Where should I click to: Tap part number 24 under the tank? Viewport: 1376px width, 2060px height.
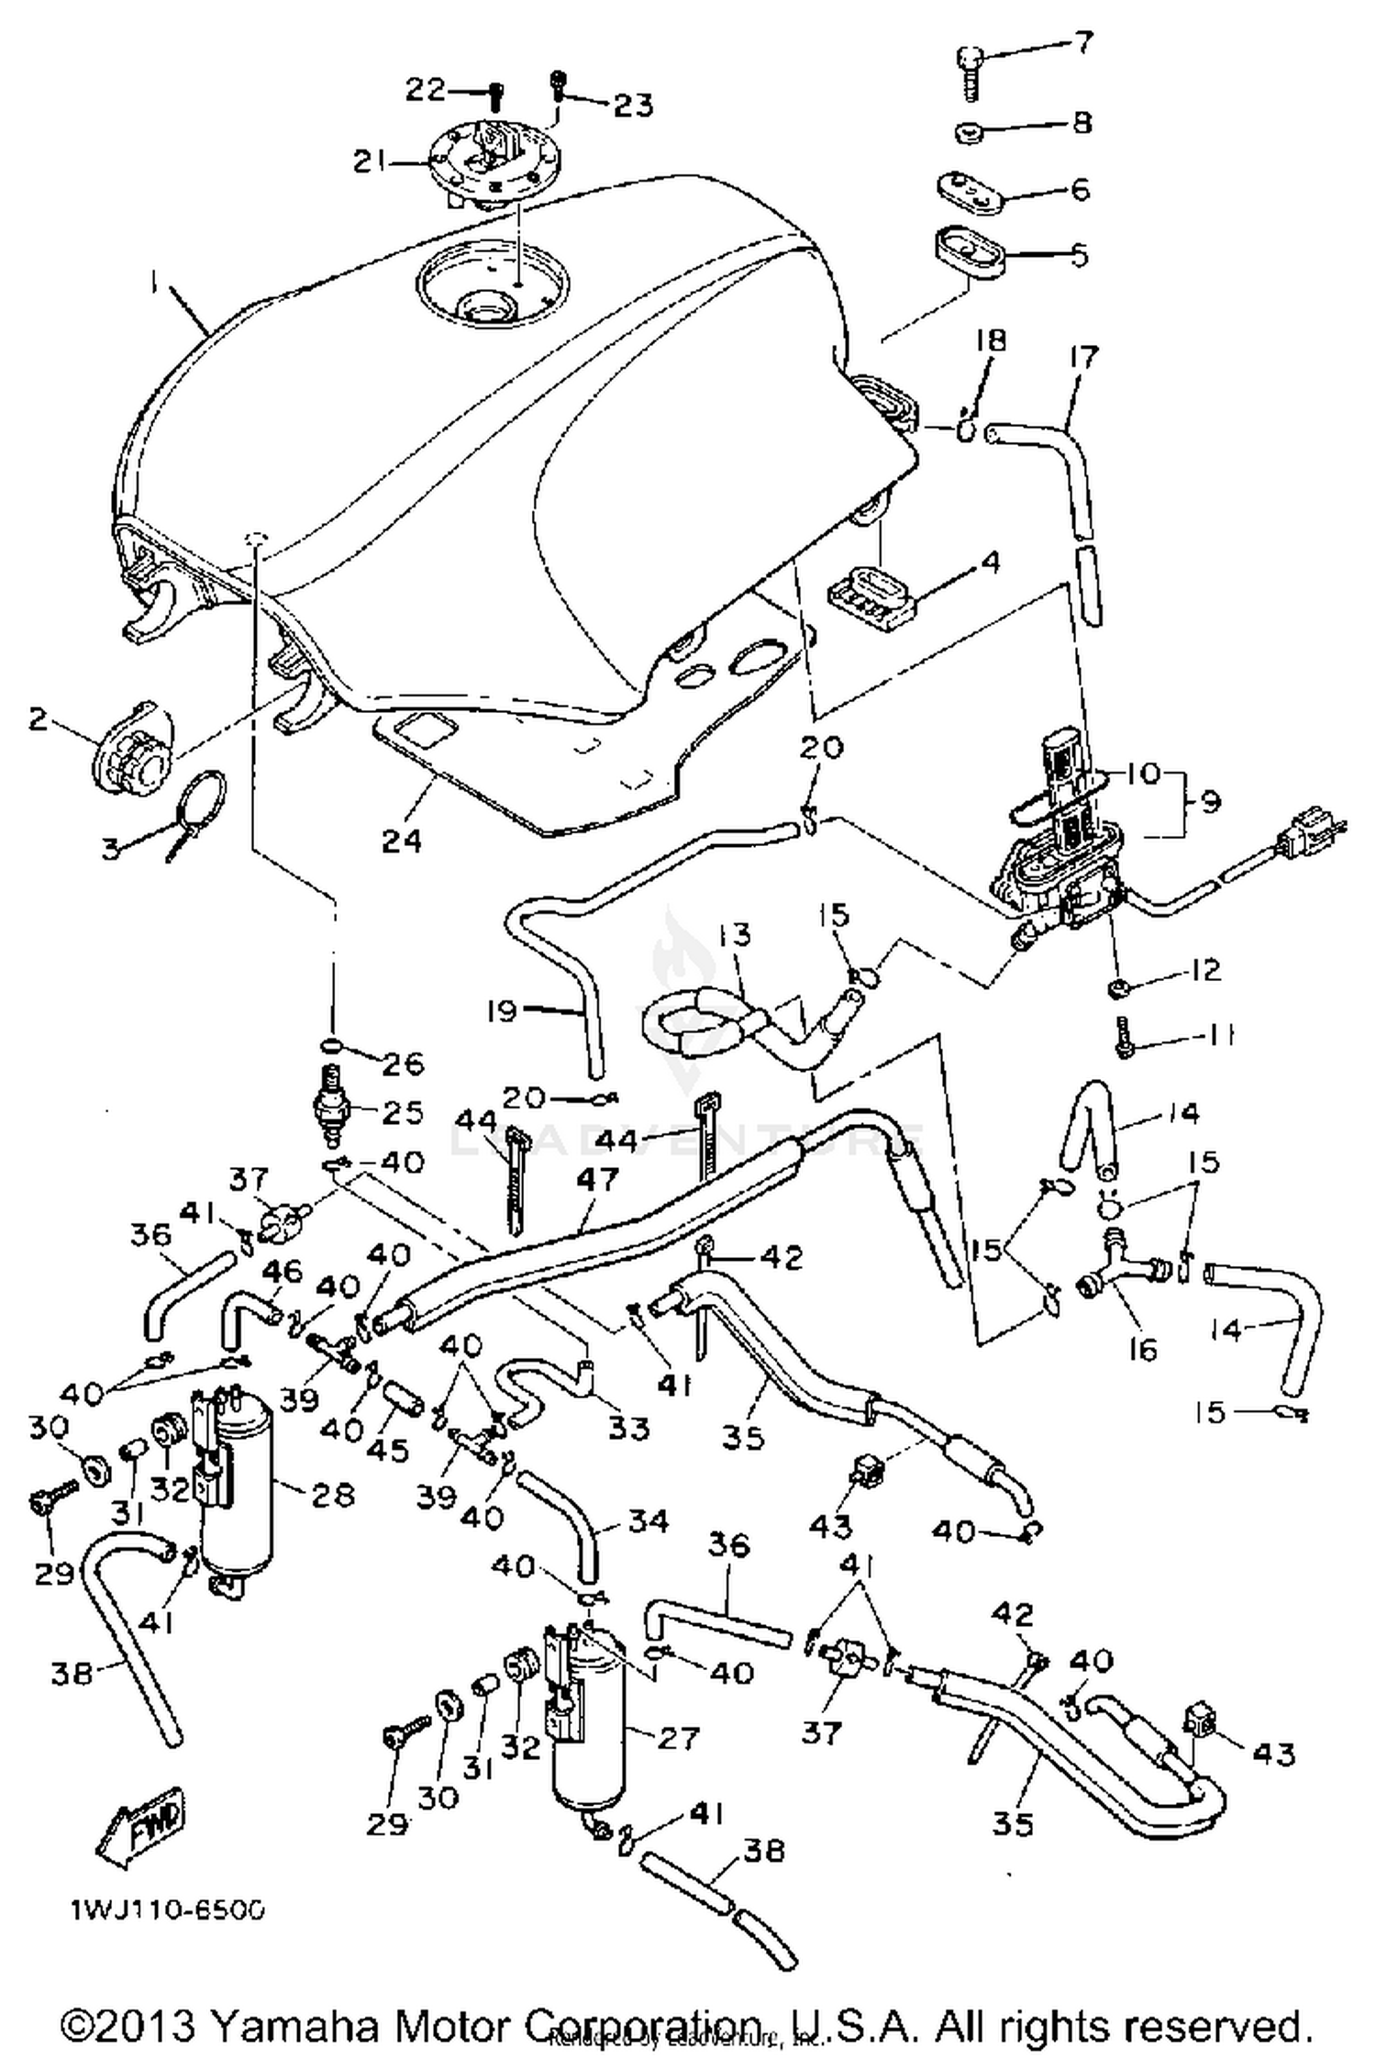click(x=401, y=840)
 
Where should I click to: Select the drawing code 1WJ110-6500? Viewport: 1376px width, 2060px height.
click(x=168, y=1910)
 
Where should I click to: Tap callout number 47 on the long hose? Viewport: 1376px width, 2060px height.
click(x=597, y=1180)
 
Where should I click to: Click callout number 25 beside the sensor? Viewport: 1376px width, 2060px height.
click(x=403, y=1112)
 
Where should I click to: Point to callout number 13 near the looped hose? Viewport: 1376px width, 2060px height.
click(x=736, y=935)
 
